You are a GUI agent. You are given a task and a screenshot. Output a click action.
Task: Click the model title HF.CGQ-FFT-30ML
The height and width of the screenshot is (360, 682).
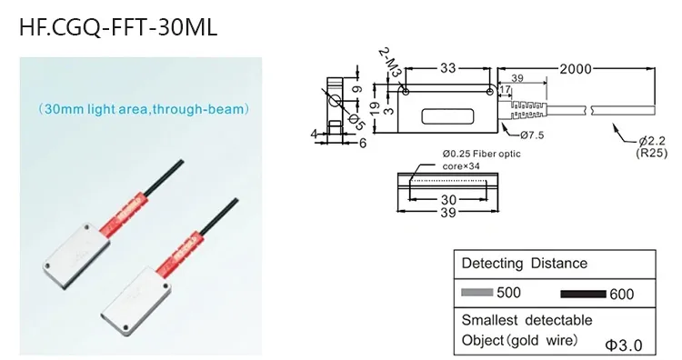pos(118,27)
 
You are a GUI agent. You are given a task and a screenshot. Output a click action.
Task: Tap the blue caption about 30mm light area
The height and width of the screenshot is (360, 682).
pos(144,109)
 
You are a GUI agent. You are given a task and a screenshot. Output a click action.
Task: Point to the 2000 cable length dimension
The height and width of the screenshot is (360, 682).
pos(576,69)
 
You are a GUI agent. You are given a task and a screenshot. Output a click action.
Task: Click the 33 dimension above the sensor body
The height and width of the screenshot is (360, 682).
pos(447,68)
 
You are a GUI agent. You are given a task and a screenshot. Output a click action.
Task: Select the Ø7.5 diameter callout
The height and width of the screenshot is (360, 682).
pos(532,135)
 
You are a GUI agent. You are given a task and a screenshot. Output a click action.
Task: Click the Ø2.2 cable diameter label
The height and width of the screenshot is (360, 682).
pos(652,141)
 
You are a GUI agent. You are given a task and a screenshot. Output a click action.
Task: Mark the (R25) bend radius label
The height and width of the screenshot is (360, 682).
pos(652,153)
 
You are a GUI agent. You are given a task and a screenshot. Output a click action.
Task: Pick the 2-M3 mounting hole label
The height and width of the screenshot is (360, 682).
pos(390,62)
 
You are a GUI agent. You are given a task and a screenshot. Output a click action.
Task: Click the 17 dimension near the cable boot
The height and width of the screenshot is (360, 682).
pos(505,89)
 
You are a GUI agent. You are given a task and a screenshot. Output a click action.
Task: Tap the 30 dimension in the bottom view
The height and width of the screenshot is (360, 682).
pos(448,200)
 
